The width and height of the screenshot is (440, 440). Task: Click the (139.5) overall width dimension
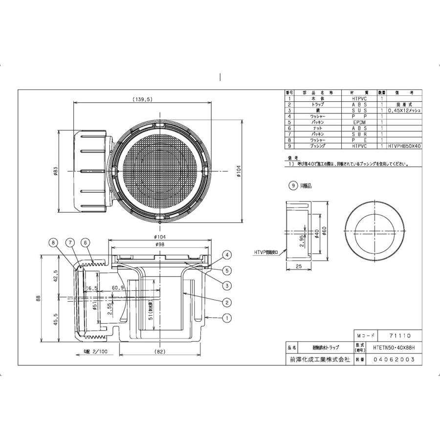143,99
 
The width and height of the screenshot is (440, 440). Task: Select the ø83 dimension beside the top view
56,172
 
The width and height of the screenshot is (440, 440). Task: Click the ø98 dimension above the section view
160,244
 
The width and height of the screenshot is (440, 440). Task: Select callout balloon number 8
53,242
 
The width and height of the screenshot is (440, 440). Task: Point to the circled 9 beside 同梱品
293,186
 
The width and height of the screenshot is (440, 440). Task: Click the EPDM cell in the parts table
359,122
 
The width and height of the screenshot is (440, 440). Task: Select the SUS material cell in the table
359,110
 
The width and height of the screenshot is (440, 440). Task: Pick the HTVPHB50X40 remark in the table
404,146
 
